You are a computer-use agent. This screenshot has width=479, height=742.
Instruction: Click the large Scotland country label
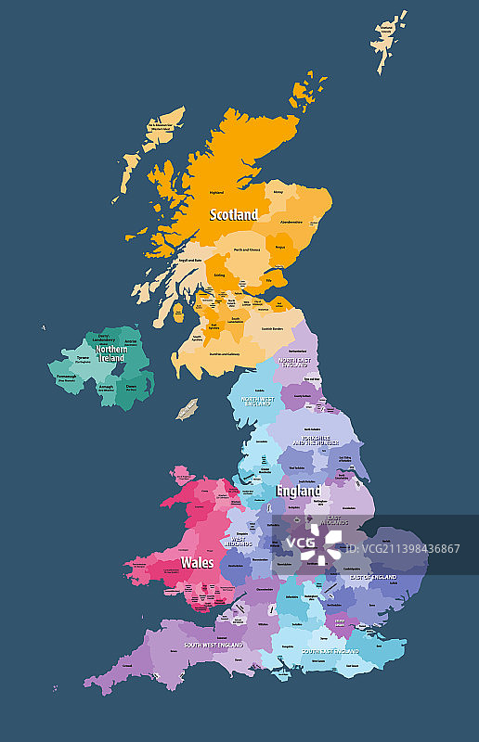pyautogui.click(x=234, y=214)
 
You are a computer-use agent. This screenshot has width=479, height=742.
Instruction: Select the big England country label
pyautogui.click(x=298, y=491)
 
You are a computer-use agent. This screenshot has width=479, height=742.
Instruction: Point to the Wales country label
pyautogui.click(x=197, y=562)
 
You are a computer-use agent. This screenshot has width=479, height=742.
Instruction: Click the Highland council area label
pyautogui.click(x=216, y=192)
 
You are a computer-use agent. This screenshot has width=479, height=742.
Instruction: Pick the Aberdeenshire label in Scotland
pyautogui.click(x=291, y=222)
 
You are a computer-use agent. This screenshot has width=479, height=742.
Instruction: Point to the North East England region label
pyautogui.click(x=296, y=361)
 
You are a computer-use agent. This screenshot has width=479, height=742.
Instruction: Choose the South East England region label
pyautogui.click(x=330, y=651)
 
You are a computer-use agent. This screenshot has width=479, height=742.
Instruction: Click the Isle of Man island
pyautogui.click(x=188, y=408)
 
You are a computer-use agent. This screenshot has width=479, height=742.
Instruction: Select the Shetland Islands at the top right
pyautogui.click(x=388, y=38)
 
